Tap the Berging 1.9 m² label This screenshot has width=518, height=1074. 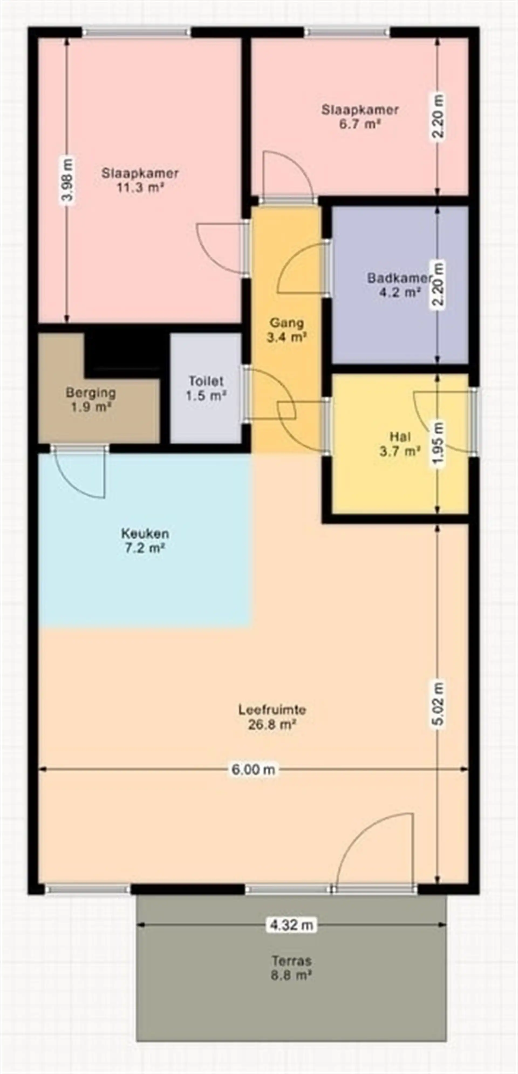[91, 399]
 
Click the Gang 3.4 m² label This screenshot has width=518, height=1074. [287, 330]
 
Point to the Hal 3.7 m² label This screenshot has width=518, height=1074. [400, 444]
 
